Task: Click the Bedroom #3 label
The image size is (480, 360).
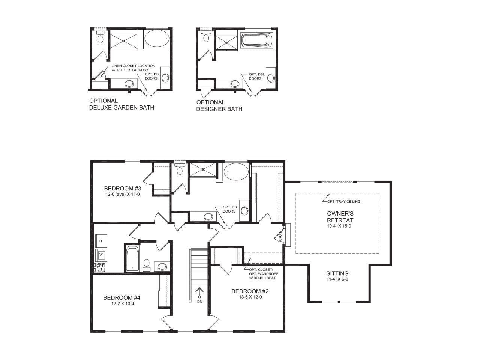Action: (122, 188)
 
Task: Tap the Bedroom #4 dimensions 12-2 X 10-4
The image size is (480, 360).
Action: (122, 304)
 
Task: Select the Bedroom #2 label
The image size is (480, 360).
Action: (250, 291)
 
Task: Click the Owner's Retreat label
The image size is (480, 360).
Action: (340, 217)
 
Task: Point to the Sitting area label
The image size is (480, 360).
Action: (337, 273)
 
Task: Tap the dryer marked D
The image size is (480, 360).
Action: (100, 240)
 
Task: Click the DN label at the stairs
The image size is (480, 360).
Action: (199, 301)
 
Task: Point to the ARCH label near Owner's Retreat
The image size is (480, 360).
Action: (280, 237)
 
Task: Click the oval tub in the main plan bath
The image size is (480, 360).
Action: (236, 172)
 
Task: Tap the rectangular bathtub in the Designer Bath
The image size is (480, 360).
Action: (258, 40)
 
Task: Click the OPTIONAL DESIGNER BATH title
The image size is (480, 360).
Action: (219, 105)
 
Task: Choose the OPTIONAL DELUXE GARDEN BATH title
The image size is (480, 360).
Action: (121, 104)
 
